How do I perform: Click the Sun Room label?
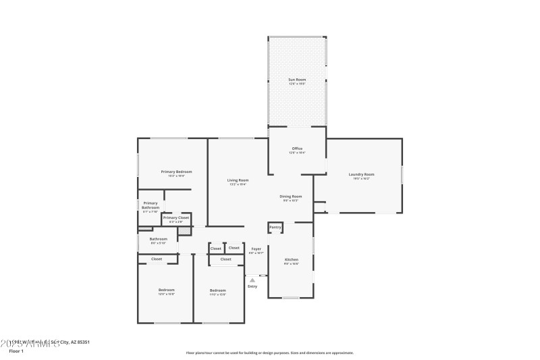297,80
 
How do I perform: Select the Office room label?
297,149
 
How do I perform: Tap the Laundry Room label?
361,175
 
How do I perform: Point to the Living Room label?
238,180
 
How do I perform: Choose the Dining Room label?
291,197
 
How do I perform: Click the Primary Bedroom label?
176,172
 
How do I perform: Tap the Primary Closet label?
175,217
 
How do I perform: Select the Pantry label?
275,228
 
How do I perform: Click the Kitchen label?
291,259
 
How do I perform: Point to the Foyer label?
256,249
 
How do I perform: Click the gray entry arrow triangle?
252,280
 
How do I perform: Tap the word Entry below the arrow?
252,286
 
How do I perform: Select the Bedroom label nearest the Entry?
217,290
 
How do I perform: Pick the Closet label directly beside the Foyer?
234,249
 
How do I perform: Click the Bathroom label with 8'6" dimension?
158,238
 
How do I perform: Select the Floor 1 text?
16,351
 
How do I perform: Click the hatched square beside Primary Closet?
183,231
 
